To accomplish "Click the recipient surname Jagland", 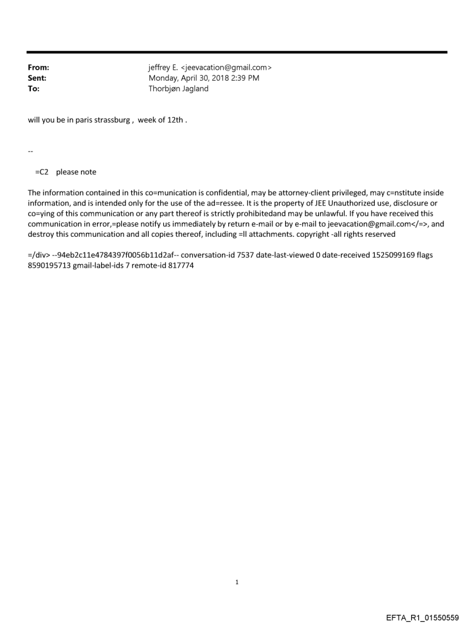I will [x=195, y=88].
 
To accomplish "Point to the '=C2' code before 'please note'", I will [x=42, y=172].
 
